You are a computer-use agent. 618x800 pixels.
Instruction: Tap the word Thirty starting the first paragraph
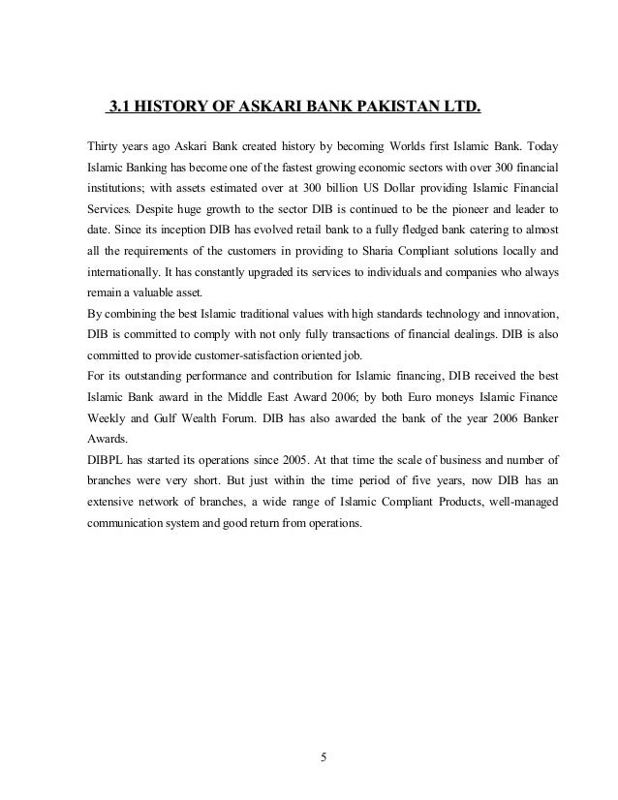[x=106, y=146]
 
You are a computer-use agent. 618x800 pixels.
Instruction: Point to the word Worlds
[x=418, y=146]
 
